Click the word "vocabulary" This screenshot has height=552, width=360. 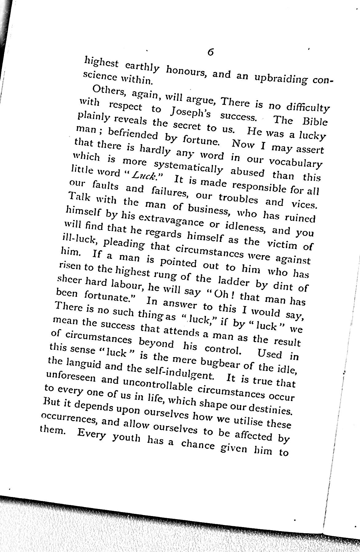295,163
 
